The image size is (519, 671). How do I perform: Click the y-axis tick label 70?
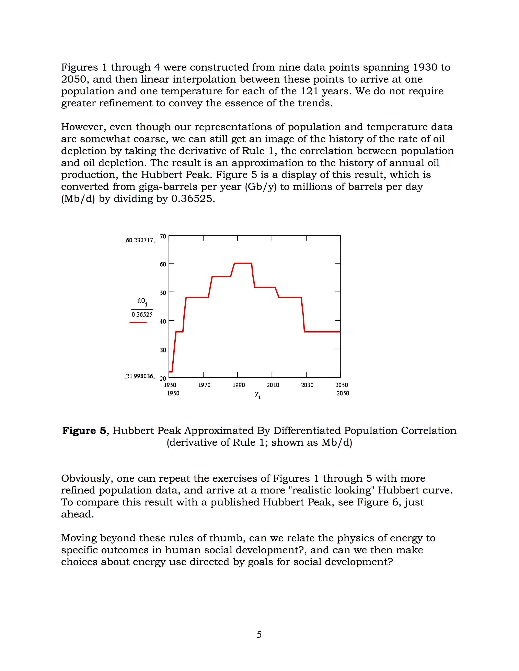coord(163,236)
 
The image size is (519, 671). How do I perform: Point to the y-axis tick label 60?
coord(163,264)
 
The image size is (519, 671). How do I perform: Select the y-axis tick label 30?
coord(163,350)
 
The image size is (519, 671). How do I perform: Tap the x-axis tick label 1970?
coord(204,385)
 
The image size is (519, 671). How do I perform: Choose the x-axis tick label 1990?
coord(239,385)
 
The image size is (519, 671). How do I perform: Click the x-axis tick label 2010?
coord(273,385)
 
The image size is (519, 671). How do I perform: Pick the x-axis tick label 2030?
coord(307,385)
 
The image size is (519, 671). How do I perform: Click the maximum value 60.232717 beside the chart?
coord(140,240)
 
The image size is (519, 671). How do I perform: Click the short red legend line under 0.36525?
coord(138,322)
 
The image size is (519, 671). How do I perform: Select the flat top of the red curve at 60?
coord(243,263)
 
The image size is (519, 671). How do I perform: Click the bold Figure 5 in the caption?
coord(84,431)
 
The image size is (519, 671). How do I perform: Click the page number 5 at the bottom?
coord(259,634)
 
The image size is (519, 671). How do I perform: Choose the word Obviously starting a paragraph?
coord(87,478)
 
